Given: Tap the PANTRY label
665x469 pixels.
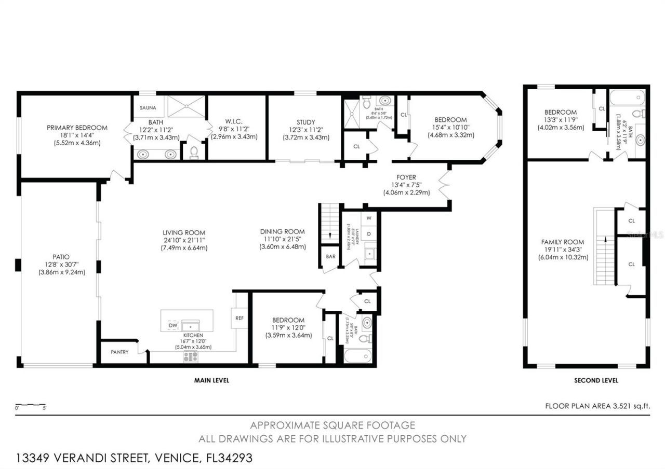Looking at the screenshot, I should [119, 352].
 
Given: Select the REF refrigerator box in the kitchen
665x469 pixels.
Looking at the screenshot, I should [240, 318].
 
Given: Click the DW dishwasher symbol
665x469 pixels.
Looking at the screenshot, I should [172, 325].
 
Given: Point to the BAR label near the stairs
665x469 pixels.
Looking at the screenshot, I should [330, 257].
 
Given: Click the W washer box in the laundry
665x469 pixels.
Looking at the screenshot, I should [369, 218].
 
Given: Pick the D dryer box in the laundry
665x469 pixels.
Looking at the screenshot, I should [369, 234].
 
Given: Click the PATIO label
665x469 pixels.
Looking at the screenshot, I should [61, 256].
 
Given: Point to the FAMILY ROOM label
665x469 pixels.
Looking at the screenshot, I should [562, 242].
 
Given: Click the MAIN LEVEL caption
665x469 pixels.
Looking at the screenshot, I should [211, 380].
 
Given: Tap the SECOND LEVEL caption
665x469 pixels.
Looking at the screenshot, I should [596, 380].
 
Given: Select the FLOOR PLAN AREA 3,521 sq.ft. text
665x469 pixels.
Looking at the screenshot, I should [597, 407].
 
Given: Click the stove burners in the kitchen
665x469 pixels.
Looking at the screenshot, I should [190, 356].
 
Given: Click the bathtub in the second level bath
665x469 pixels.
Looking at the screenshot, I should [627, 98].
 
